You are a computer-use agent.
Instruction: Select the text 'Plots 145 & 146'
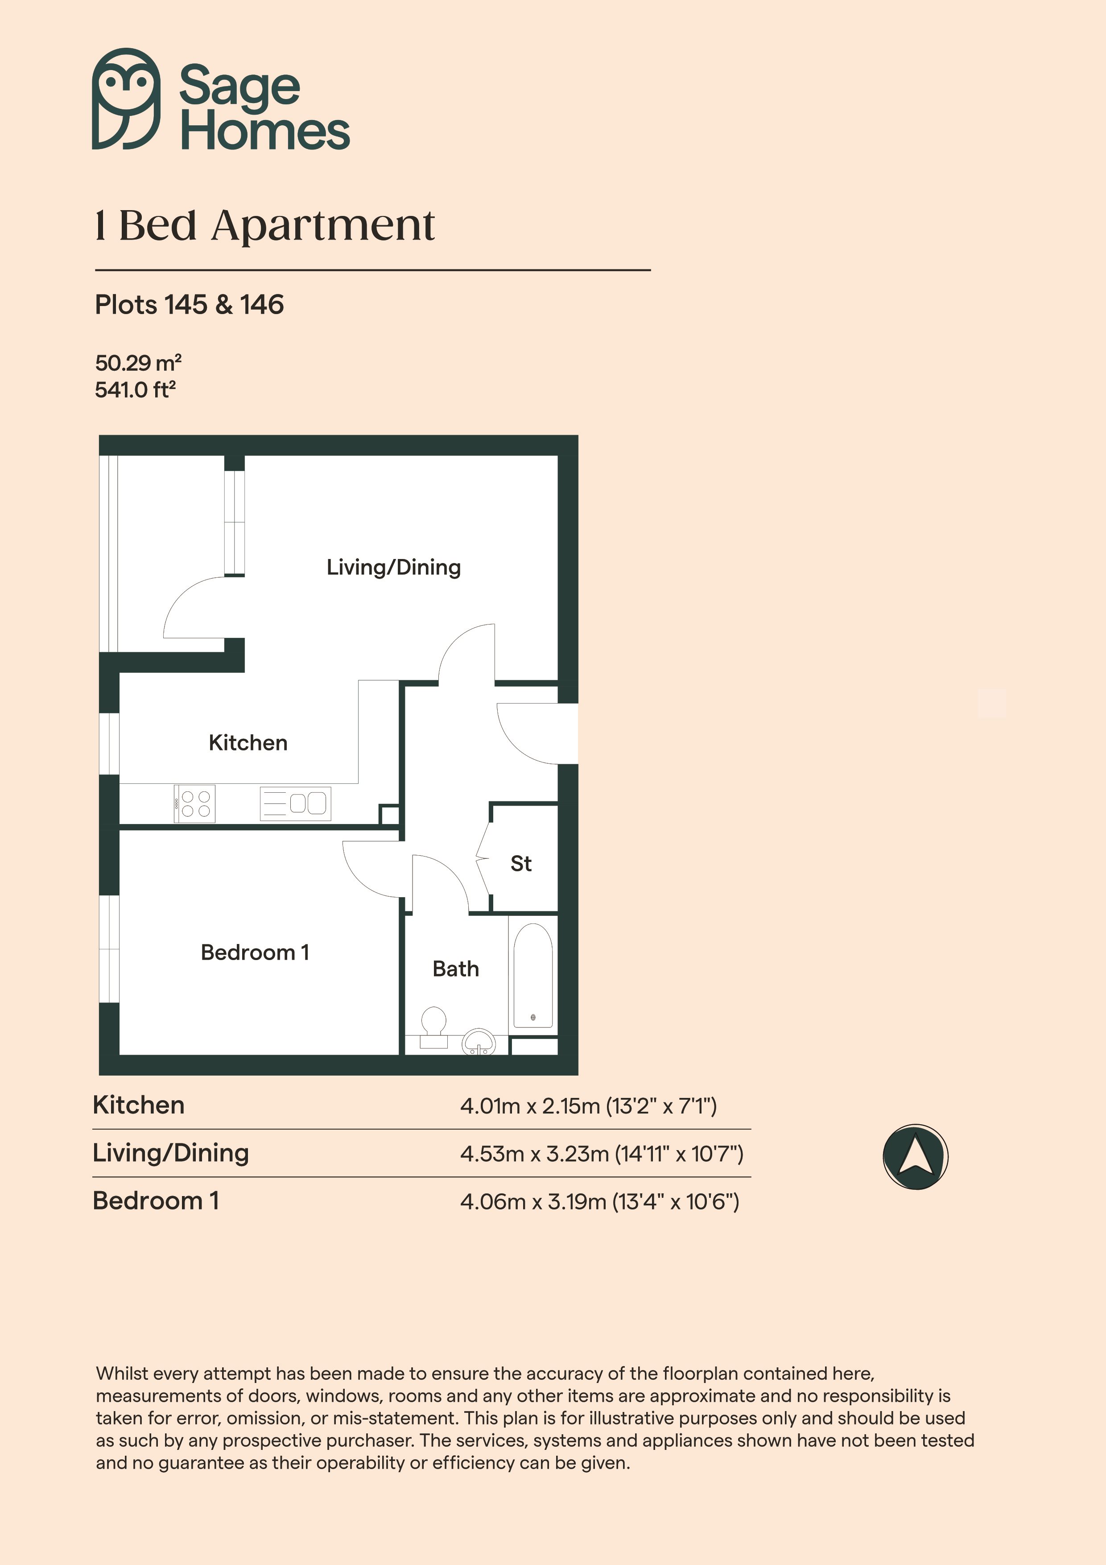(x=190, y=305)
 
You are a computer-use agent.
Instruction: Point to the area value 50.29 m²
(x=138, y=362)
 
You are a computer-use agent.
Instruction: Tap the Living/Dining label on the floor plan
(x=393, y=567)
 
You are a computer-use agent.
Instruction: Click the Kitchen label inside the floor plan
(x=248, y=742)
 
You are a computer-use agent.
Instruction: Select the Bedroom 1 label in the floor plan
(x=255, y=952)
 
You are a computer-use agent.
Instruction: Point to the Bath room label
(x=455, y=969)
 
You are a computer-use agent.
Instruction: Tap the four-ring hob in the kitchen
(x=195, y=803)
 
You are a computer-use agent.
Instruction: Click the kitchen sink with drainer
(x=295, y=803)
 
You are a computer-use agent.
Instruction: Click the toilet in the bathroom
(x=433, y=1027)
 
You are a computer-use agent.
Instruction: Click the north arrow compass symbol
(x=915, y=1157)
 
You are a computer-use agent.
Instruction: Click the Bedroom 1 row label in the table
(x=156, y=1201)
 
